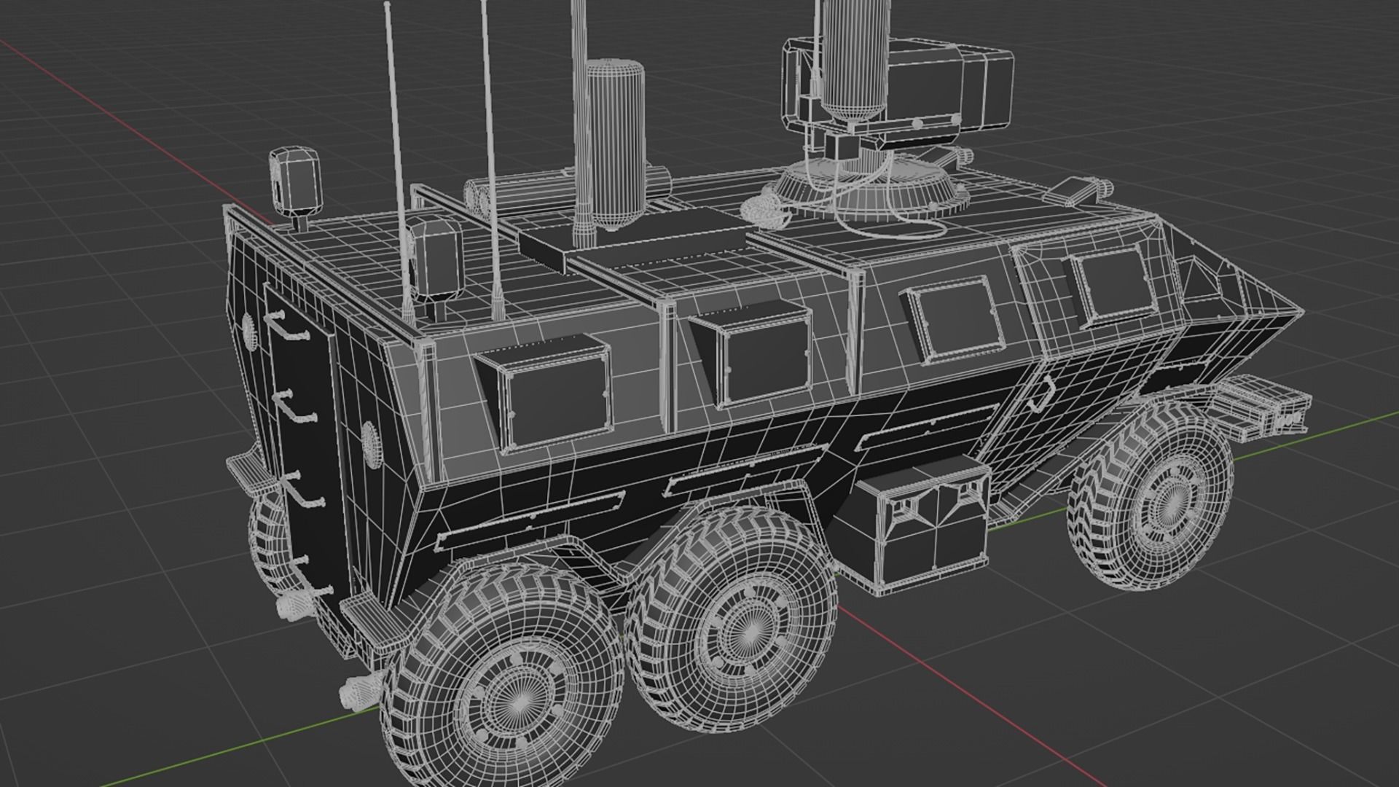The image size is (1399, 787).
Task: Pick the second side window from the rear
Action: click(x=761, y=361)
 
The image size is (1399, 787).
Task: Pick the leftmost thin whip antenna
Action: click(x=397, y=160)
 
